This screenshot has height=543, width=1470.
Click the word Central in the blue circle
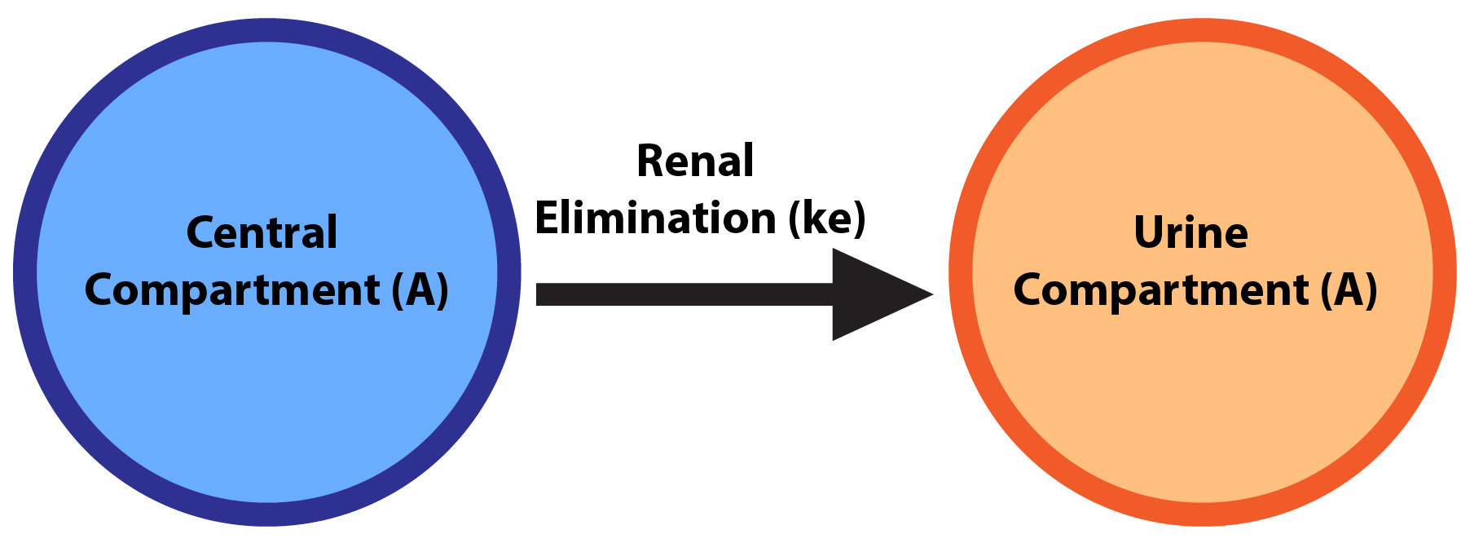(x=262, y=233)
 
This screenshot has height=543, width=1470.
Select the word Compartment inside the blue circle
(x=232, y=291)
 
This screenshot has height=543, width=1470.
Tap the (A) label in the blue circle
(x=420, y=291)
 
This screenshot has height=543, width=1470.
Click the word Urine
(x=1191, y=233)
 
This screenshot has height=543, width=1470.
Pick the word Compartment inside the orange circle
(x=1161, y=291)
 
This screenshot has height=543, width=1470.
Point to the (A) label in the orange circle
(x=1349, y=291)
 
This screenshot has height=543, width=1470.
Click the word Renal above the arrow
(x=695, y=161)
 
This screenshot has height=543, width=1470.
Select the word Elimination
(x=655, y=219)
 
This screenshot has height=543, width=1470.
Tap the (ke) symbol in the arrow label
(x=827, y=219)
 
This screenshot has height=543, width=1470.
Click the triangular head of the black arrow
(x=872, y=294)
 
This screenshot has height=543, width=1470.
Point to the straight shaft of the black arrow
(x=684, y=294)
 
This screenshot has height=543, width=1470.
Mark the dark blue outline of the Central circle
(x=25, y=272)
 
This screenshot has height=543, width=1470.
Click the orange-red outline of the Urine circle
(x=1445, y=272)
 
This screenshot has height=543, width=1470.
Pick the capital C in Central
(x=200, y=233)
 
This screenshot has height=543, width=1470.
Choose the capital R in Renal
(x=650, y=161)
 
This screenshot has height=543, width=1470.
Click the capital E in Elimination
(x=547, y=219)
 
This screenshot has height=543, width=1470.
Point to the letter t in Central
(x=282, y=233)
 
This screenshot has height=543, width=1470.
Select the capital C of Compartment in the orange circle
(x=1028, y=291)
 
